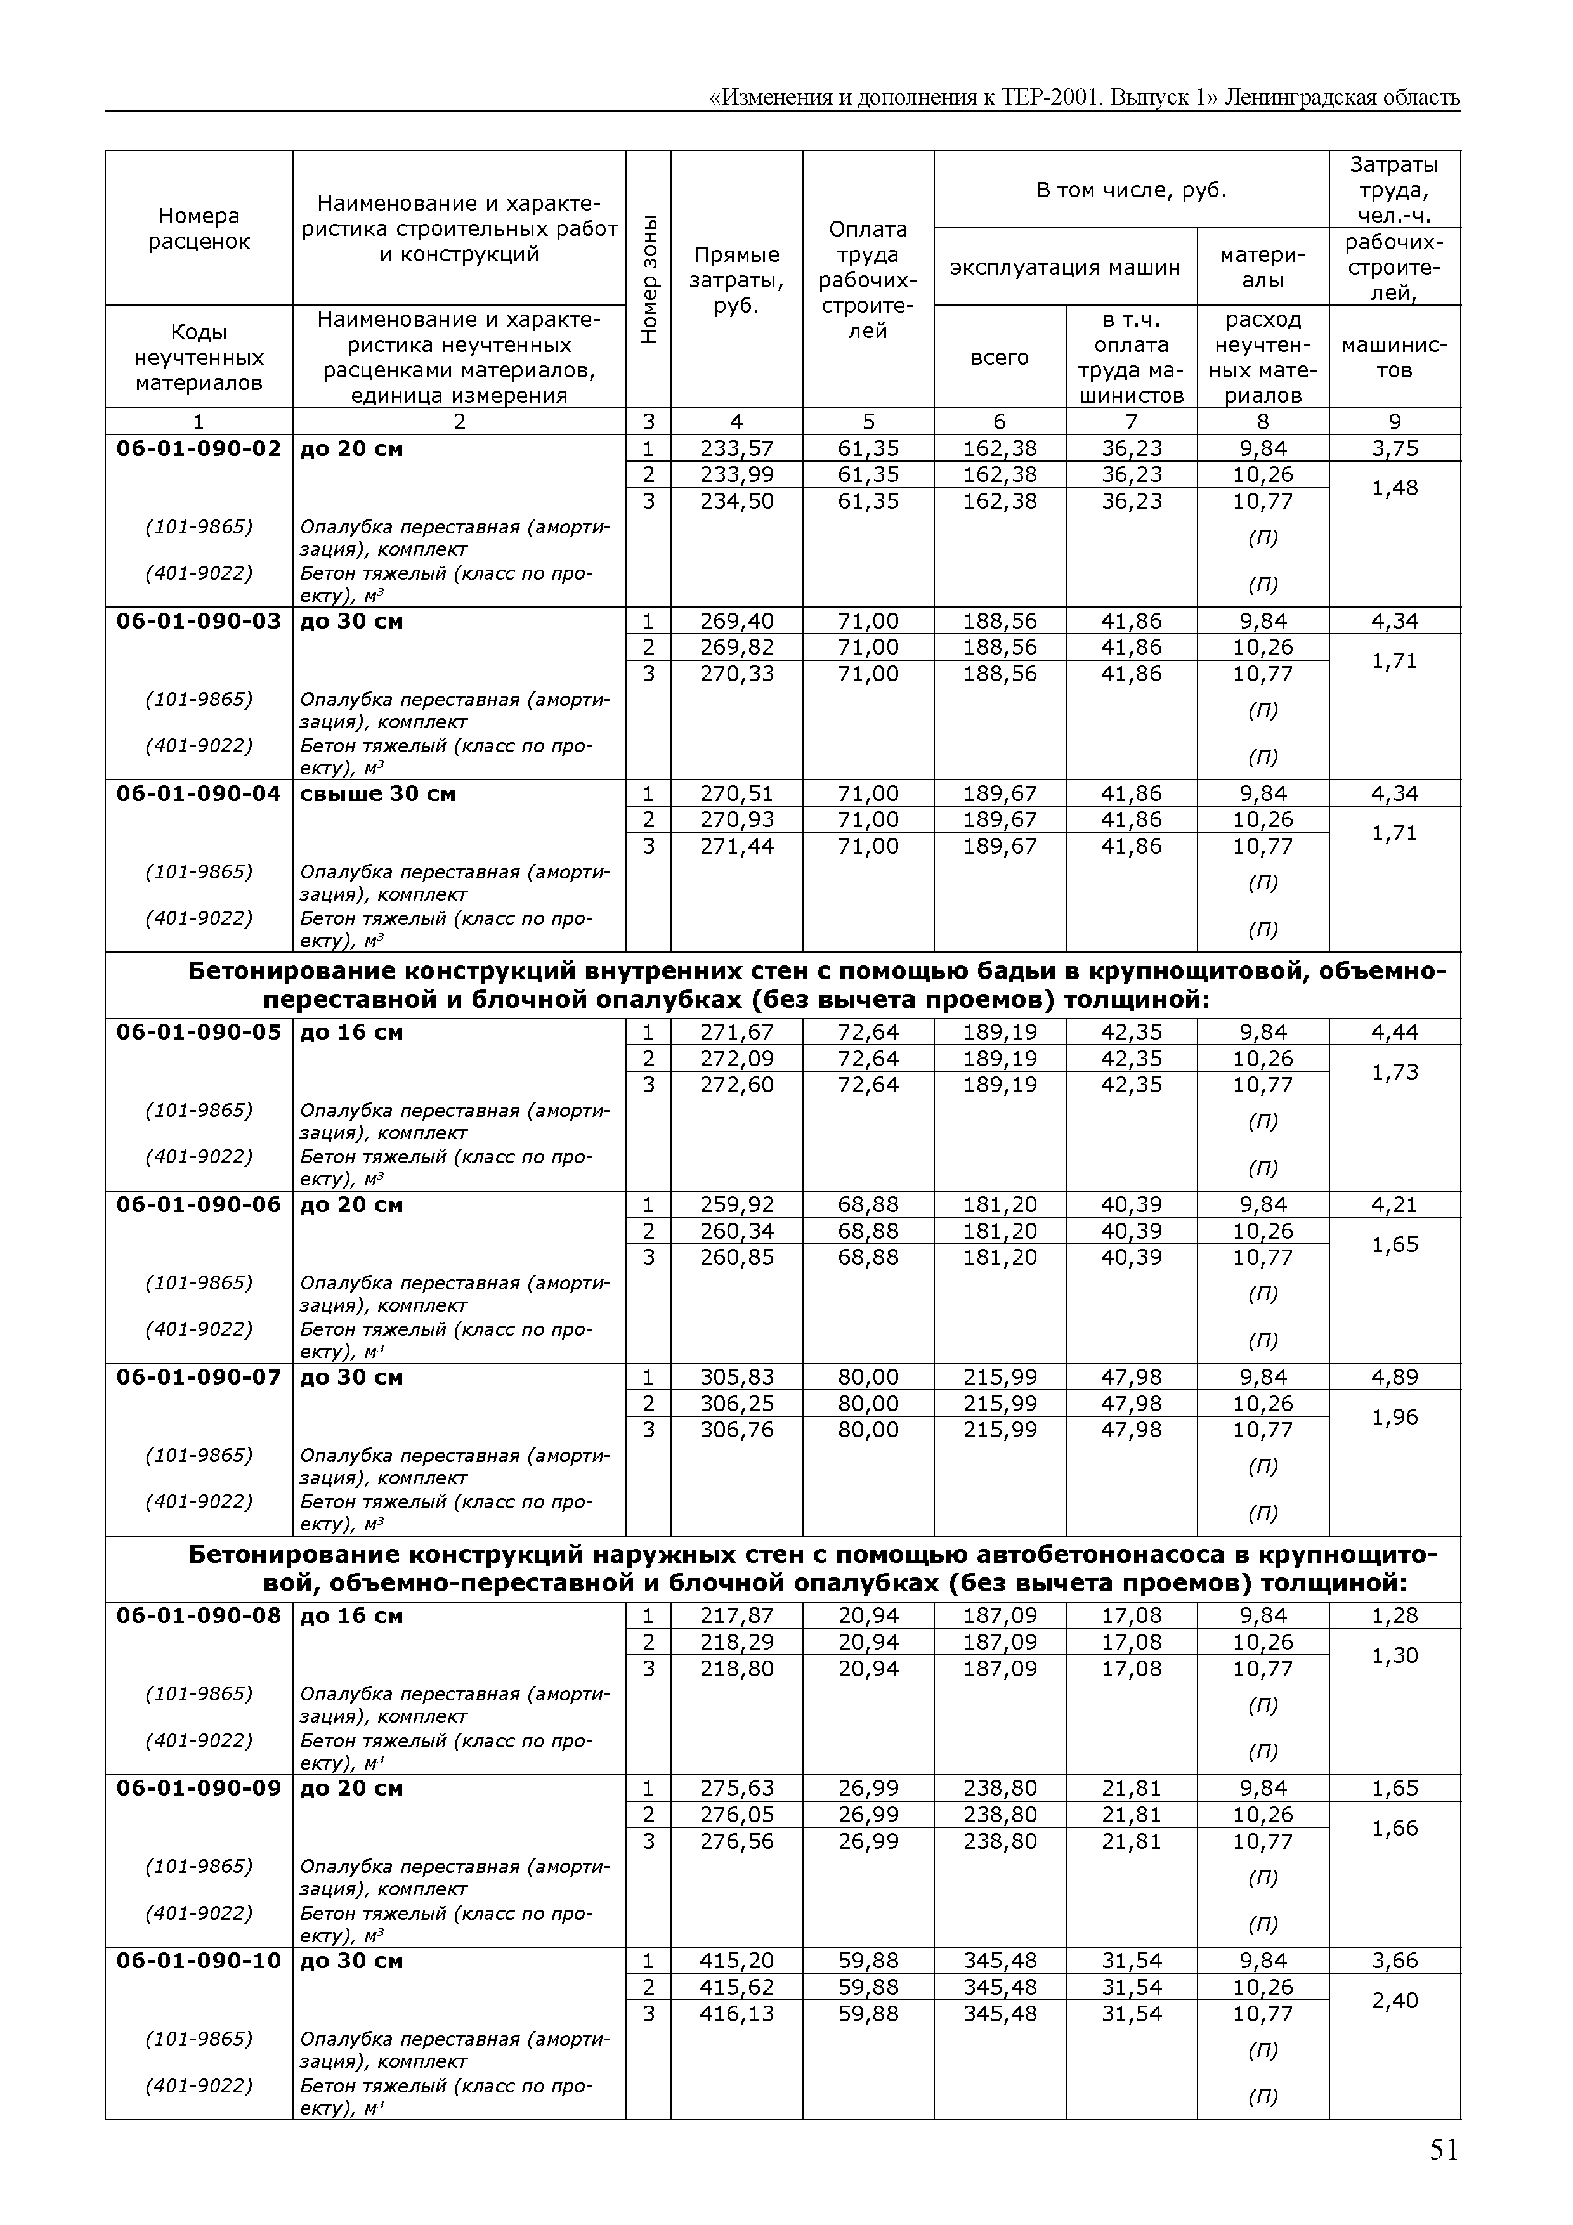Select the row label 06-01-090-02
point(199,448)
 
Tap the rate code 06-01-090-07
point(199,1377)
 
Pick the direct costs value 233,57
point(736,448)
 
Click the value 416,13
point(736,2014)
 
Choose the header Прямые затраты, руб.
point(736,280)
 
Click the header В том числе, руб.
point(1131,190)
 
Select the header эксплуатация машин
point(1065,268)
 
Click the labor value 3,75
point(1394,448)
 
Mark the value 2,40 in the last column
point(1394,2000)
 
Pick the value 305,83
point(736,1377)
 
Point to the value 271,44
point(736,846)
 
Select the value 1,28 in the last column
point(1394,1615)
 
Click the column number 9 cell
point(1394,422)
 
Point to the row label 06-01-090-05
point(199,1032)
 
